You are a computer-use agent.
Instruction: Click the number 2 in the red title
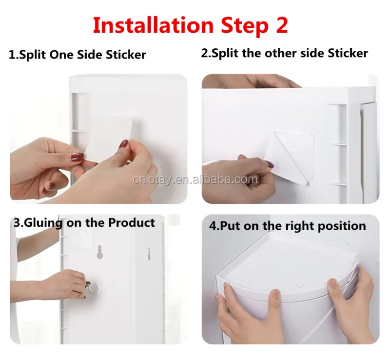(x=282, y=25)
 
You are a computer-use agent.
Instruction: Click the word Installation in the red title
(x=153, y=25)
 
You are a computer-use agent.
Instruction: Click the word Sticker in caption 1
(x=126, y=55)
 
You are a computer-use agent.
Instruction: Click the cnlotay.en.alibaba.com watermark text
(x=195, y=180)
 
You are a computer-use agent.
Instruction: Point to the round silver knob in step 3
(x=92, y=287)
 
